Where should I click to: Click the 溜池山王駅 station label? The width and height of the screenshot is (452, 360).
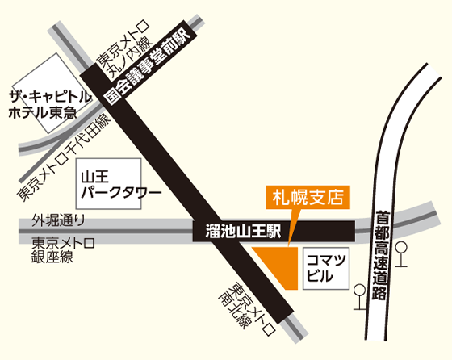click(238, 230)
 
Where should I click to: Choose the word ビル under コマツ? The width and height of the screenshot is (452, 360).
click(321, 277)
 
